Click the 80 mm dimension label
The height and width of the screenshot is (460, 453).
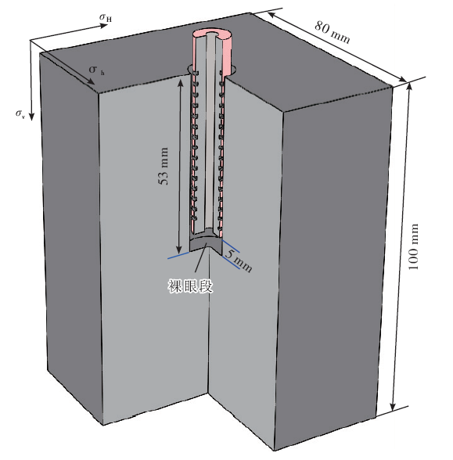tap(332, 32)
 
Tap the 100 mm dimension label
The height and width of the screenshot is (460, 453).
tap(413, 247)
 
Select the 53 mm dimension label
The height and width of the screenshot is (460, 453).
tap(163, 166)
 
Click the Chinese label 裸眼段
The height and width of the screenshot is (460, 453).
tap(190, 286)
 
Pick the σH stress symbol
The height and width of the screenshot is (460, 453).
tap(106, 17)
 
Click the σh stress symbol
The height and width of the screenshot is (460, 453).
tap(96, 70)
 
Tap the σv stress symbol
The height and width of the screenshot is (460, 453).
tap(20, 114)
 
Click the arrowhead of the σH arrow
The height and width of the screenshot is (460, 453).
tap(103, 26)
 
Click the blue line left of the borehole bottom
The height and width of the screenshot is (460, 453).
tap(178, 255)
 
